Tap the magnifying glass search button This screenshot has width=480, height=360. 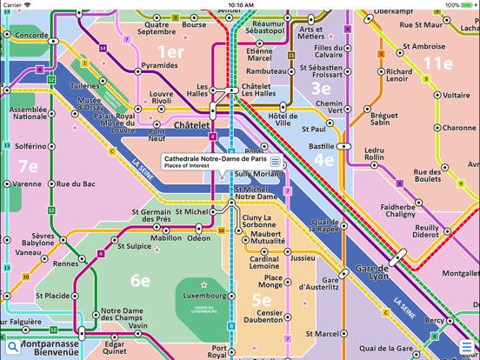[x=12, y=348]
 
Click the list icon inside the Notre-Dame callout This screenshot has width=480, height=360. [x=276, y=162]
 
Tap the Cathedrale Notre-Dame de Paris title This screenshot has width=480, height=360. [x=215, y=159]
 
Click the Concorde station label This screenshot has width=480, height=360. [x=31, y=36]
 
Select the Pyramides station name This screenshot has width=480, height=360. [x=159, y=65]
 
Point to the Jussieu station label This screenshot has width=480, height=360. [x=303, y=258]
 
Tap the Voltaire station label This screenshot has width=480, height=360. [x=456, y=96]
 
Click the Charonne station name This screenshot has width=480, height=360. [x=459, y=128]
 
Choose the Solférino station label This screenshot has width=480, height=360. [x=30, y=147]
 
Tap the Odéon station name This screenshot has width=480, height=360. [x=198, y=238]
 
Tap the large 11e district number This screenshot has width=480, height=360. [x=437, y=63]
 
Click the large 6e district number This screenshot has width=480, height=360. [x=140, y=280]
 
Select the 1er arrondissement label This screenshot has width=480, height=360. [x=170, y=51]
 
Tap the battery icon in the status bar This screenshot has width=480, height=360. [x=467, y=5]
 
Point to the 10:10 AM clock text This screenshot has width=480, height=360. [x=240, y=5]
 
